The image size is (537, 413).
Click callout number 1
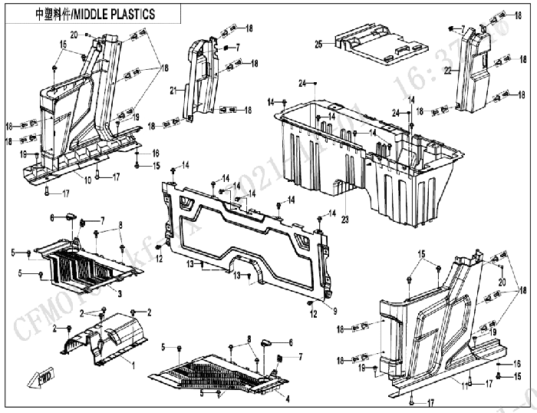pyautogui.click(x=133, y=365)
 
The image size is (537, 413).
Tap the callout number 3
pyautogui.click(x=119, y=292)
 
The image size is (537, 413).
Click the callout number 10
pyautogui.click(x=87, y=179)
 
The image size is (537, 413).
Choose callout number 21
pyautogui.click(x=174, y=90)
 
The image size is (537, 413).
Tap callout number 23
pyautogui.click(x=345, y=218)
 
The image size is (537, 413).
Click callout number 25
pyautogui.click(x=317, y=45)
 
